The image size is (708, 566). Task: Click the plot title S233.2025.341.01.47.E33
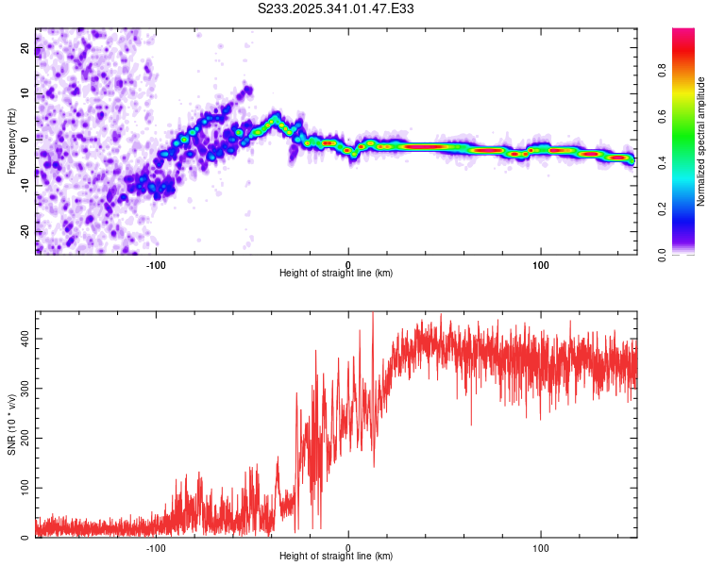[x=336, y=8]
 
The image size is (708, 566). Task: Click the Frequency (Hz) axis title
[x=10, y=141]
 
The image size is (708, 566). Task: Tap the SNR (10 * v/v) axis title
[x=10, y=424]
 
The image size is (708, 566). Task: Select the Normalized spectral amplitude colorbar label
[x=701, y=141]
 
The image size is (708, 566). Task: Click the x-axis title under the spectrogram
[x=336, y=273]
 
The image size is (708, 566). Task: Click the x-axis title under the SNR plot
[x=336, y=556]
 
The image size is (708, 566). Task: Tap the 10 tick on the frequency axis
[x=25, y=94]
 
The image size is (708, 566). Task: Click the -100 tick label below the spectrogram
[x=156, y=263]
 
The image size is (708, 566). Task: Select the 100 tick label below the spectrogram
[x=541, y=263]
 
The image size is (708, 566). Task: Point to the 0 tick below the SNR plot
[x=348, y=547]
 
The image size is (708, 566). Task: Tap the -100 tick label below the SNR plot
[x=156, y=547]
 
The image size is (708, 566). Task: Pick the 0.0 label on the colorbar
[x=663, y=253]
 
